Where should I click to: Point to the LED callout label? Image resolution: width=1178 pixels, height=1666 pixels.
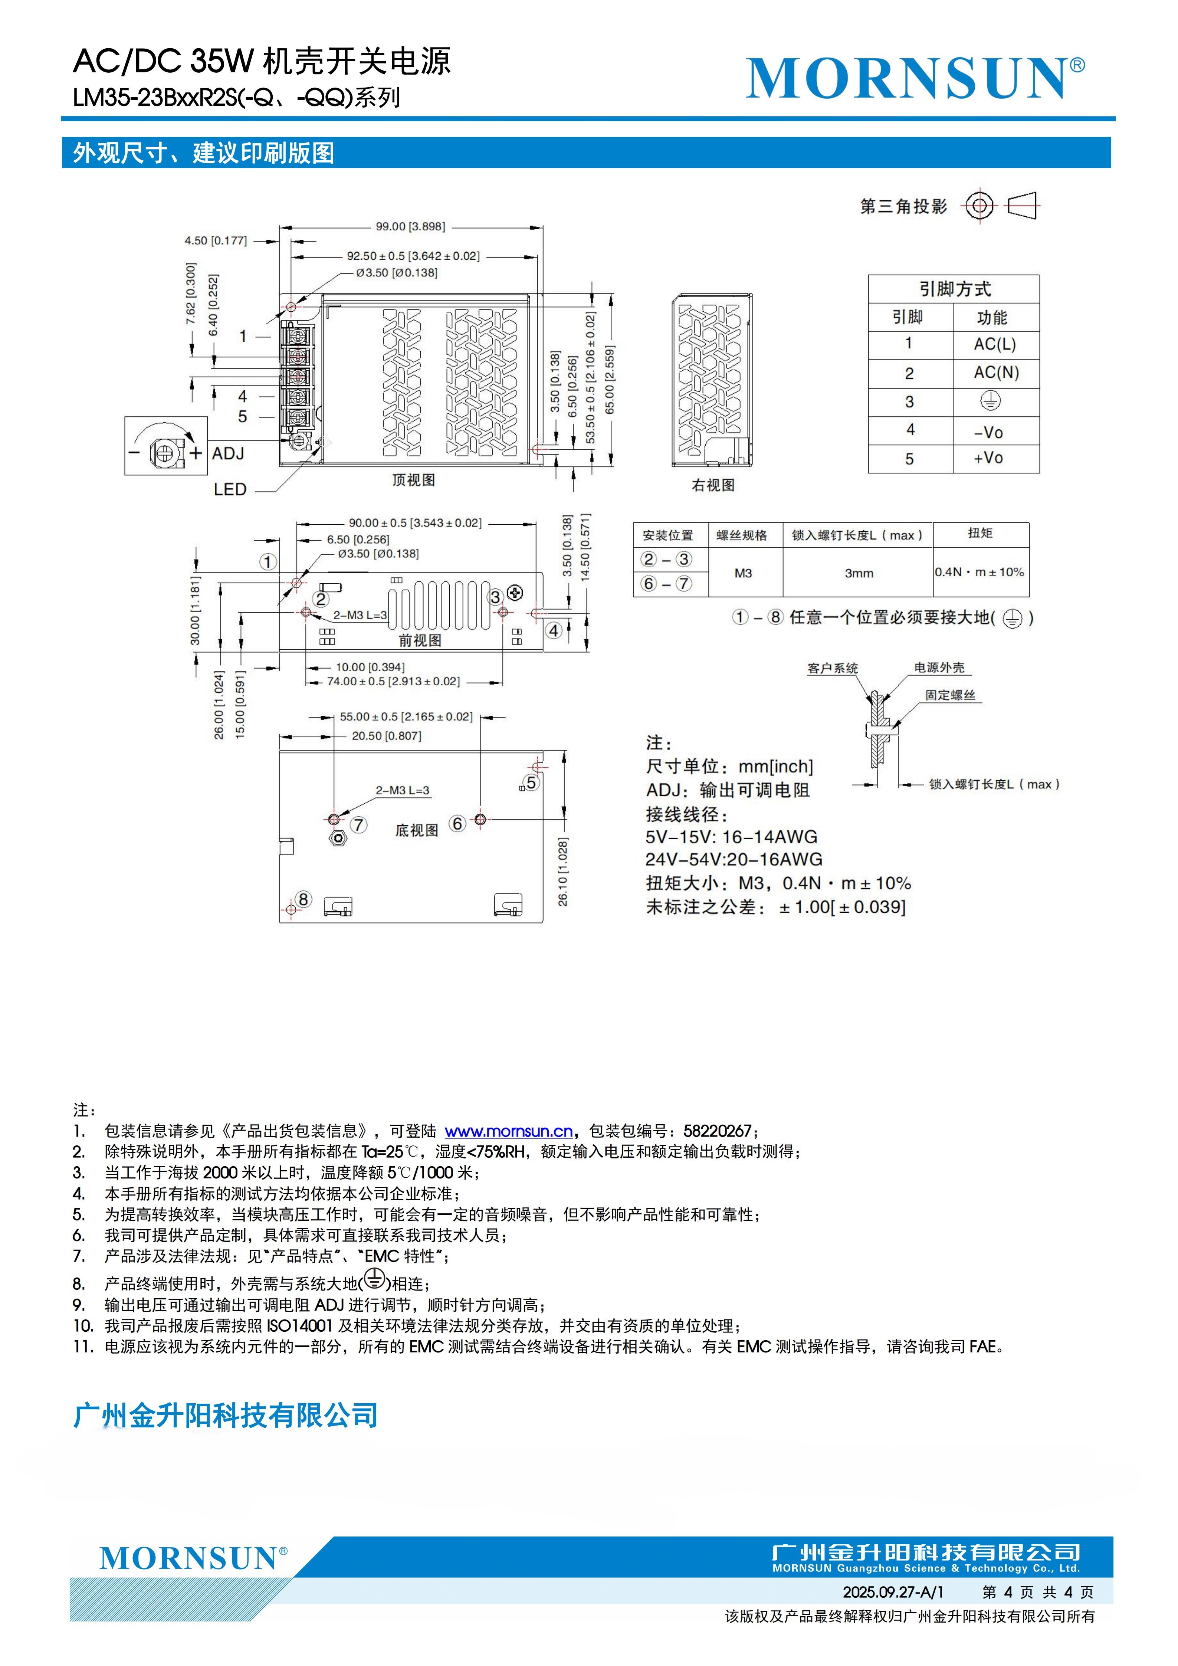230,490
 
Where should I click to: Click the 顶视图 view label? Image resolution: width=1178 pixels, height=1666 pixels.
413,481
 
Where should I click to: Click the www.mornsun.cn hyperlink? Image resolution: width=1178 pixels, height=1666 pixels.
508,1131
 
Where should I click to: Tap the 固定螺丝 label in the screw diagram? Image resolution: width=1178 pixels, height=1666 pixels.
949,695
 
